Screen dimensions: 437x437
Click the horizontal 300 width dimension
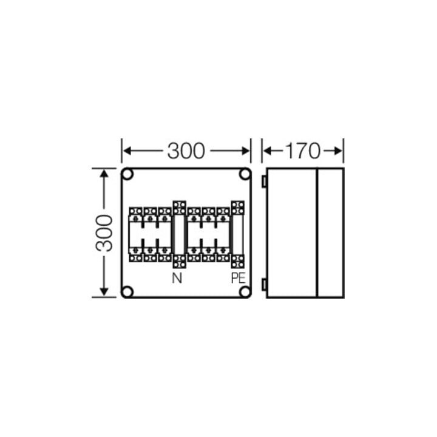tap(186, 151)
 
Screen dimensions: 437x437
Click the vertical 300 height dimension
tap(104, 233)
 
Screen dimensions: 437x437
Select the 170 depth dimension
tap(303, 151)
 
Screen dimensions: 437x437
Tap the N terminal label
tap(177, 278)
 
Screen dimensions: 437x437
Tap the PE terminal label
tap(239, 278)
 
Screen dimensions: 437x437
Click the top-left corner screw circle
tap(127, 174)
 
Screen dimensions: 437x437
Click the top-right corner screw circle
tap(245, 174)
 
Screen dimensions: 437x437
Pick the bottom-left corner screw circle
tap(127, 292)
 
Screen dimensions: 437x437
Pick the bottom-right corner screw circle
tap(245, 292)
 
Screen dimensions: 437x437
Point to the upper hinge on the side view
tap(264, 181)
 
